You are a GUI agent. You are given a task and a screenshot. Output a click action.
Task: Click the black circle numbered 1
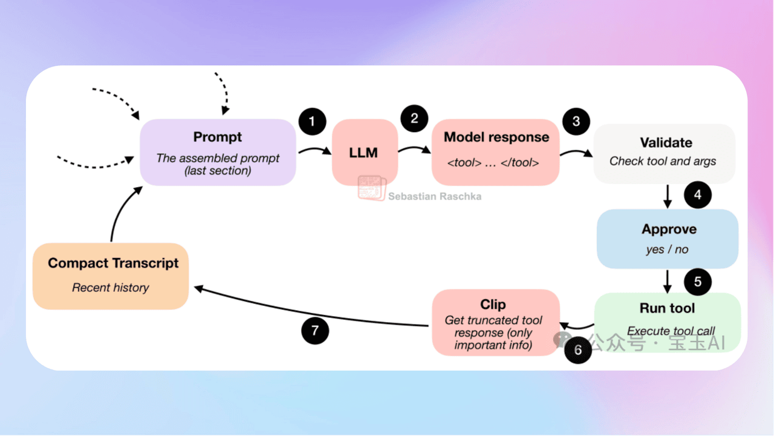[x=312, y=122]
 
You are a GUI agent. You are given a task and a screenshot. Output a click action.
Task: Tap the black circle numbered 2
[x=414, y=118]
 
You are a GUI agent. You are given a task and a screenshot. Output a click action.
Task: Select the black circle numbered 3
[x=576, y=122]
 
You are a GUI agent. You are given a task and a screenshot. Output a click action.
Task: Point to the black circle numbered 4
[x=698, y=195]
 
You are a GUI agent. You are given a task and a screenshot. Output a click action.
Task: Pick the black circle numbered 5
[x=698, y=282]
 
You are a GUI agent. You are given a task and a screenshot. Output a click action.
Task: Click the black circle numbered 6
[x=577, y=350]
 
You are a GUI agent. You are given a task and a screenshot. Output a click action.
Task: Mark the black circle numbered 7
[x=314, y=331]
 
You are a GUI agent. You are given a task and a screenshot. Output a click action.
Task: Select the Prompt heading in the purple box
[x=218, y=137]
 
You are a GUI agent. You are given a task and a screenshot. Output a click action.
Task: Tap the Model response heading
[x=496, y=137]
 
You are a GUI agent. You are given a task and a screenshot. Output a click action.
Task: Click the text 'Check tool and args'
[x=663, y=161]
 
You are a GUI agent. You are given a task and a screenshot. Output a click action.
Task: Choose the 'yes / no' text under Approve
[x=667, y=249]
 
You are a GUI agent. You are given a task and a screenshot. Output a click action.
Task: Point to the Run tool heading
[x=668, y=308]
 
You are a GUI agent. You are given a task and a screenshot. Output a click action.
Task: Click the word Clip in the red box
[x=493, y=304]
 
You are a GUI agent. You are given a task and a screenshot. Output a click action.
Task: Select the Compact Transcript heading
[x=113, y=263]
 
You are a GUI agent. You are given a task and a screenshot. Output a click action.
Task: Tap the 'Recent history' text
[x=111, y=288]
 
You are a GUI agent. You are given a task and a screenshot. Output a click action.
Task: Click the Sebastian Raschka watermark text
[x=435, y=196]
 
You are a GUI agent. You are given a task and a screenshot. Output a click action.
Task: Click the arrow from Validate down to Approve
[x=668, y=195]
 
